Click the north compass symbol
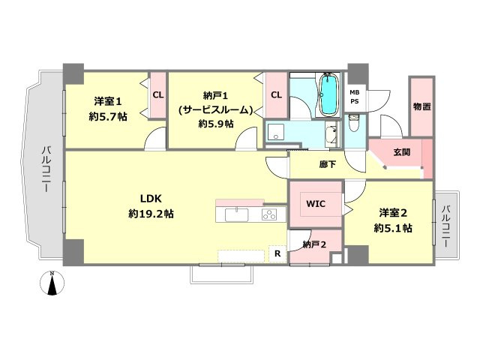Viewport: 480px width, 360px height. [52, 283]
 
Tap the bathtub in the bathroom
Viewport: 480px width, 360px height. [328, 94]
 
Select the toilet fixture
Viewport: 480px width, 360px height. [355, 123]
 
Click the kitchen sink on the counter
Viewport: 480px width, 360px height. [237, 214]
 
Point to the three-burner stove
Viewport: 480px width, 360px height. [269, 214]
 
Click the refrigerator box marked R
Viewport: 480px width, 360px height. [277, 253]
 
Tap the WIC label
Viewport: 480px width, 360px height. [316, 203]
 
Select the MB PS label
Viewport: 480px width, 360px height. [355, 97]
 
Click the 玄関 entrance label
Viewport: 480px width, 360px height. [402, 152]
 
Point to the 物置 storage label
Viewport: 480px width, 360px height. [421, 106]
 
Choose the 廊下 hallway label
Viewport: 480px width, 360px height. [328, 164]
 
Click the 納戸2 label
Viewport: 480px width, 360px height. [314, 244]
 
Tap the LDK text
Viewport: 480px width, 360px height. [151, 199]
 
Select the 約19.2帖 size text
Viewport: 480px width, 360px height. [151, 214]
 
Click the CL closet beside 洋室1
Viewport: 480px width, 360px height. [158, 95]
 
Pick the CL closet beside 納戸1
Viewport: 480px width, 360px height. [276, 95]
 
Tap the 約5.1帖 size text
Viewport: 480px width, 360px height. [393, 228]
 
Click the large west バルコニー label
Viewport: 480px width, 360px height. [46, 170]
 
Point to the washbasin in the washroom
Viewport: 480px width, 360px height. [331, 135]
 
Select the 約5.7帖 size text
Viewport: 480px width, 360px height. [108, 116]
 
